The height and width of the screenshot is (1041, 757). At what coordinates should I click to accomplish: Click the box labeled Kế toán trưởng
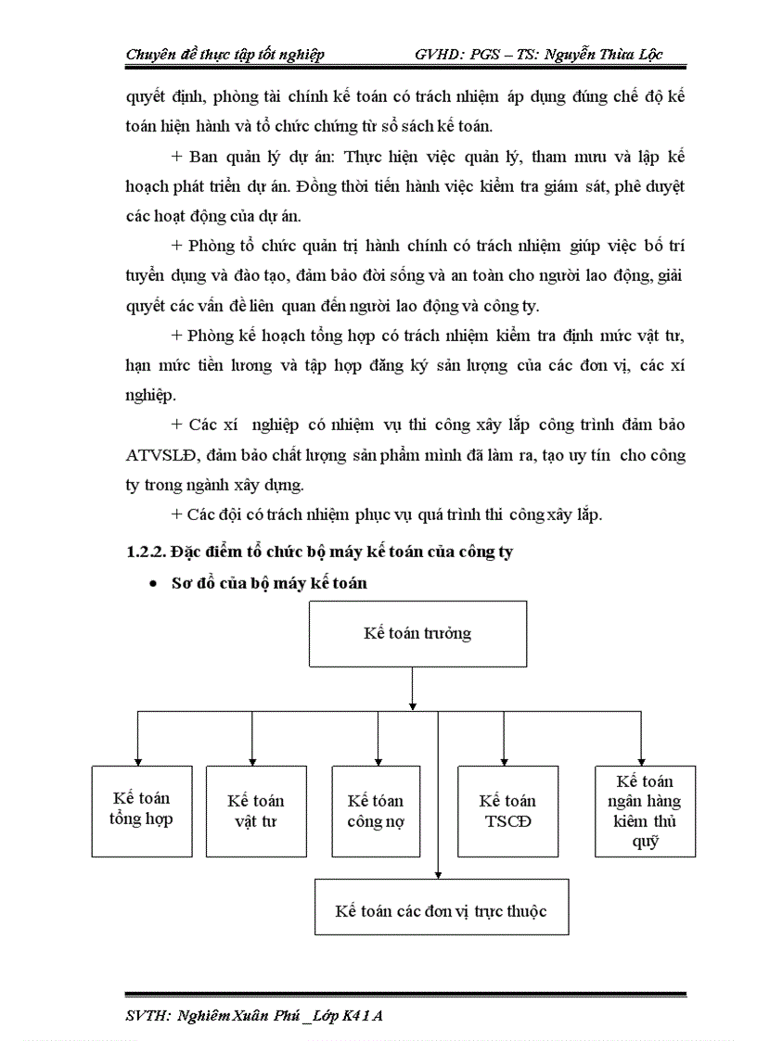coord(417,634)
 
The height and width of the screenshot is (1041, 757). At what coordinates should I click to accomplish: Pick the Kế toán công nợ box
coord(376,810)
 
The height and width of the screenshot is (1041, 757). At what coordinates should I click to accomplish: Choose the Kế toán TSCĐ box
coord(507,810)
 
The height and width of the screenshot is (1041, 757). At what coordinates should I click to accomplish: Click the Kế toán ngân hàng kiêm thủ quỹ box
coord(645,810)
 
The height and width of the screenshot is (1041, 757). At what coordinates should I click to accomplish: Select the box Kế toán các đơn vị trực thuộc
coord(441,909)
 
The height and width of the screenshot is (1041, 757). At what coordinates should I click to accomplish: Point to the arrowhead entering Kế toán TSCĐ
coord(504,760)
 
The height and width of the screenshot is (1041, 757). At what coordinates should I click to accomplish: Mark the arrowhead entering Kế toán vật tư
coord(252,760)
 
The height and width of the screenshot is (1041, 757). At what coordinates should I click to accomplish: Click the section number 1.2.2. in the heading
coord(145,552)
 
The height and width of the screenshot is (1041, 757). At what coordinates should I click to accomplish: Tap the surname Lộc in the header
coord(647,55)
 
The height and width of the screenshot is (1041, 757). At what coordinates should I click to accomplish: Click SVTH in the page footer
coord(147,1015)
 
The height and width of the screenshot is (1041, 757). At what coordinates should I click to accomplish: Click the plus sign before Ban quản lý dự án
coord(177,156)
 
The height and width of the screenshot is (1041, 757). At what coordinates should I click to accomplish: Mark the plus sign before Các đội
coord(177,514)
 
